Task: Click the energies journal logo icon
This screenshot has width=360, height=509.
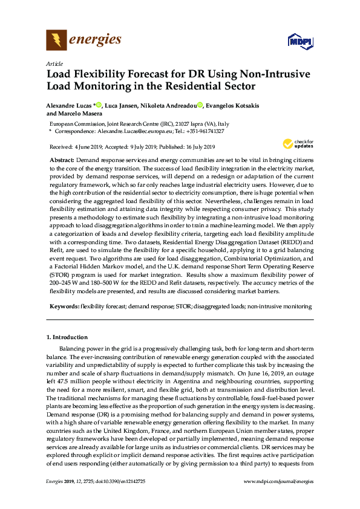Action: click(56, 41)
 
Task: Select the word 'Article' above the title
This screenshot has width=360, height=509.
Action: click(54, 63)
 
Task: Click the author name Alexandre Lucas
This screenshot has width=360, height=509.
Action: click(68, 105)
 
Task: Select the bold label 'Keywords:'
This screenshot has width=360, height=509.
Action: click(64, 307)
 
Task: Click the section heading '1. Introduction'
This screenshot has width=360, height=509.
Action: click(67, 337)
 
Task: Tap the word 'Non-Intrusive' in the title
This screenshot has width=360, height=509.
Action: click(272, 74)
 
